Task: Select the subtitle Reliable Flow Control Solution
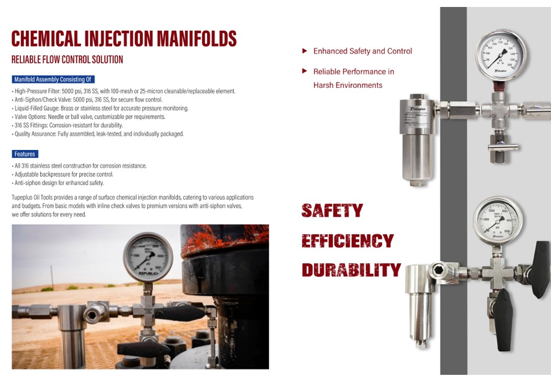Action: (67, 59)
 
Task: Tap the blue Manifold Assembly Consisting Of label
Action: (53, 79)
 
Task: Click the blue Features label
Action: (25, 154)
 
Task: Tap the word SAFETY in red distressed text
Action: (332, 210)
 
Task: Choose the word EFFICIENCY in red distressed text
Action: (348, 241)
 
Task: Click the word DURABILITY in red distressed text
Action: (351, 270)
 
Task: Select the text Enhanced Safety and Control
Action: (362, 51)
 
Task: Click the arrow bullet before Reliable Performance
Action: (304, 71)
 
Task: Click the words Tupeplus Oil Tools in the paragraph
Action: (35, 198)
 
